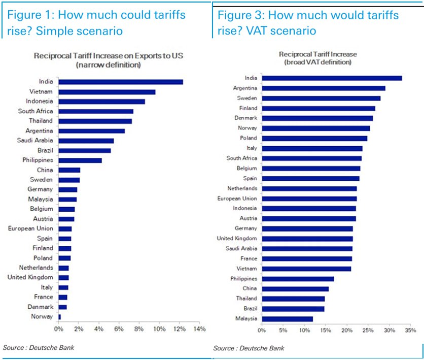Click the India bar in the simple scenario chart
[121, 81]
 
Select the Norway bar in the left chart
[60, 317]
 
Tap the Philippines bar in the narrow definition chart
[80, 160]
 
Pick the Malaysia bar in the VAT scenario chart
[287, 318]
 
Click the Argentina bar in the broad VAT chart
[323, 88]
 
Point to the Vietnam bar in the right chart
[306, 269]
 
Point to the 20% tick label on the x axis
[346, 331]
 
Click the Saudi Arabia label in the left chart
[37, 140]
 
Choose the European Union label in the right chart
[237, 199]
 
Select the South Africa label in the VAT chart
[241, 158]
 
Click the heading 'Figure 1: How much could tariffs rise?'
[96, 22]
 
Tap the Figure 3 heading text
[308, 22]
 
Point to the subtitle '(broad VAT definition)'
[317, 62]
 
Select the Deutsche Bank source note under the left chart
[34, 347]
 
